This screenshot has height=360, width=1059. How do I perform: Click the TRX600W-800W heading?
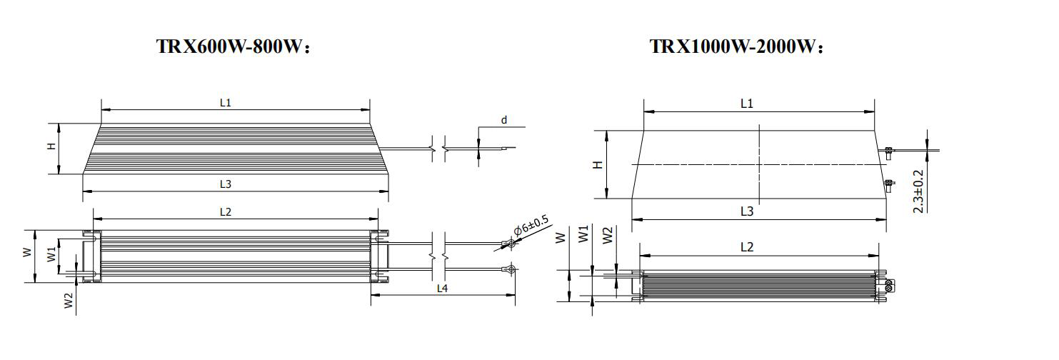coord(234,47)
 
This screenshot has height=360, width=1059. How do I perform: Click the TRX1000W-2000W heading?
coord(736,47)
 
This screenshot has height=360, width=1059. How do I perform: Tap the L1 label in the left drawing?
coord(226,103)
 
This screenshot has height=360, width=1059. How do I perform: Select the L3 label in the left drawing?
coord(226,184)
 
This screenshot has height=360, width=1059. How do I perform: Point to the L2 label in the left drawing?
coord(226,212)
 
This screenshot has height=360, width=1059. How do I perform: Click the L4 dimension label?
coord(443,289)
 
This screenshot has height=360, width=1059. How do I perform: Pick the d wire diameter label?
coord(503,120)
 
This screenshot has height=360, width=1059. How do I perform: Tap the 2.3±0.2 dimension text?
coord(919,191)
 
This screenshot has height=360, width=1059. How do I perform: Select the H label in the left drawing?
coord(51,146)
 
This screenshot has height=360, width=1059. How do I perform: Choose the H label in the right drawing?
coord(598,164)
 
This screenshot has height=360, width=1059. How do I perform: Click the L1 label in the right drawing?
coord(747,104)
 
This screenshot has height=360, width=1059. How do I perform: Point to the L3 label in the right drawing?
coord(747,211)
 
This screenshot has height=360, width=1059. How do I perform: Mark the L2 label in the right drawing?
coord(747,247)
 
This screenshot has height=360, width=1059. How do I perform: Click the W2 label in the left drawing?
coord(69,301)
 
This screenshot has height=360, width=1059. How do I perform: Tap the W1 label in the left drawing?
coord(51,254)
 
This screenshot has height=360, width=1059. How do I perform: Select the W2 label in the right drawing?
coord(608,235)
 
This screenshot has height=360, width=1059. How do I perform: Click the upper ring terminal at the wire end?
coord(508,244)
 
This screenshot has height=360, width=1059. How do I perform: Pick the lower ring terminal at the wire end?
coord(510,269)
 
